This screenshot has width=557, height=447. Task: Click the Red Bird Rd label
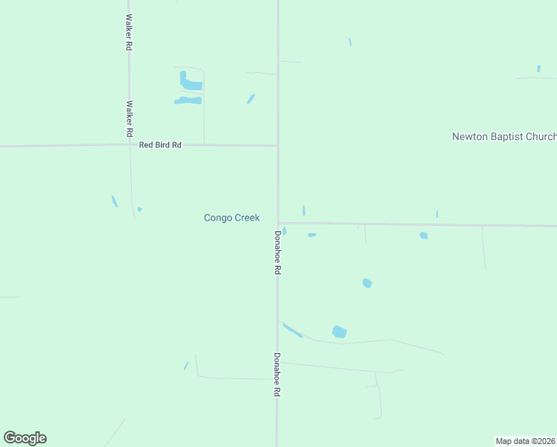tap(160, 145)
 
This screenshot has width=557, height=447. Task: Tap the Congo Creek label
tap(232, 218)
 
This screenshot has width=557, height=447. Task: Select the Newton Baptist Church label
tap(504, 136)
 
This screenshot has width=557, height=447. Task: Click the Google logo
tap(25, 438)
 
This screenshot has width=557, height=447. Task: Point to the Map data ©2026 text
tap(525, 441)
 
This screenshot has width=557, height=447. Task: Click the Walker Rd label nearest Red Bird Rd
tap(130, 118)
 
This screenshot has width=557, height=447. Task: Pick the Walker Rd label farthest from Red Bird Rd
tap(129, 32)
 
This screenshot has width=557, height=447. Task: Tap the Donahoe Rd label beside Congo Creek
tap(277, 253)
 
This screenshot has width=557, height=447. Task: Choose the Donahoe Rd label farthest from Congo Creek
tap(277, 374)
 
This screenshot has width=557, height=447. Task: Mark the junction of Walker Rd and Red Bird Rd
tap(130, 145)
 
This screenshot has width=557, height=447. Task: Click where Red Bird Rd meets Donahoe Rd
tap(278, 146)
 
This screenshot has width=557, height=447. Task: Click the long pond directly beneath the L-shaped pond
tap(188, 101)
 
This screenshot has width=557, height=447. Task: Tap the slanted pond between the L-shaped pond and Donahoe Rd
tap(251, 98)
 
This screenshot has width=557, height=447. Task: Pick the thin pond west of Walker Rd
tap(114, 201)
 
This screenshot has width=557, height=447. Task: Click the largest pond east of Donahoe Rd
tap(340, 332)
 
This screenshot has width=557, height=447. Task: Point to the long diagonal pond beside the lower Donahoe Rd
tap(292, 329)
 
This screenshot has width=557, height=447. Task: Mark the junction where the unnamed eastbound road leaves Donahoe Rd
tap(278, 223)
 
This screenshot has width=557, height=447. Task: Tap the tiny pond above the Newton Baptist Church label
tap(538, 69)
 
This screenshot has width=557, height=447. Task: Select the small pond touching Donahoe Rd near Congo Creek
tap(284, 231)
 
